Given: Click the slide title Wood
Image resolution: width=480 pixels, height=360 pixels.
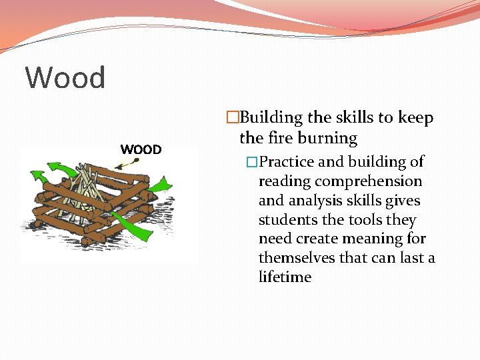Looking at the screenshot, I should tap(65, 78).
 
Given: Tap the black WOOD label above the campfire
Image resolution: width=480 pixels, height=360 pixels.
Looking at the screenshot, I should tap(141, 149).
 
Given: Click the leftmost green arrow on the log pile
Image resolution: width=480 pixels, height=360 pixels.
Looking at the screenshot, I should tap(39, 178).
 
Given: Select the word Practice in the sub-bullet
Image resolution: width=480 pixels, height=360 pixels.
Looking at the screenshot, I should tap(286, 162).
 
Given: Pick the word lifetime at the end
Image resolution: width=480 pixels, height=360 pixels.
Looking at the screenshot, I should tap(285, 277).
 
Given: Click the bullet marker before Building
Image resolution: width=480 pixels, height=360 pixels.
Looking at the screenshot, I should tap(232, 118).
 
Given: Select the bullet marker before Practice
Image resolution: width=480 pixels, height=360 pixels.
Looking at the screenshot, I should tap(251, 162).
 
